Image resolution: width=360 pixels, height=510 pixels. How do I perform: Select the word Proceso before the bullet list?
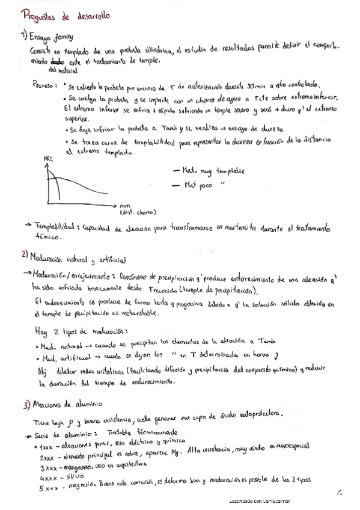point(44,85)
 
